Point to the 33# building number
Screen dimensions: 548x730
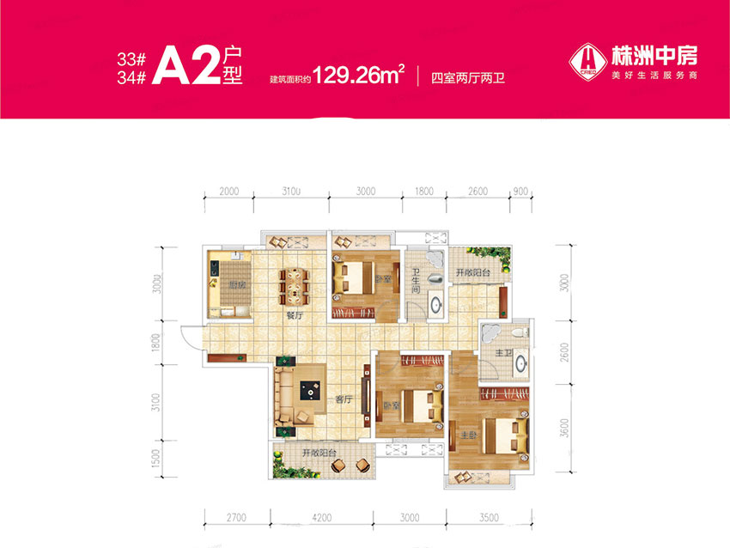pyautogui.click(x=131, y=61)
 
